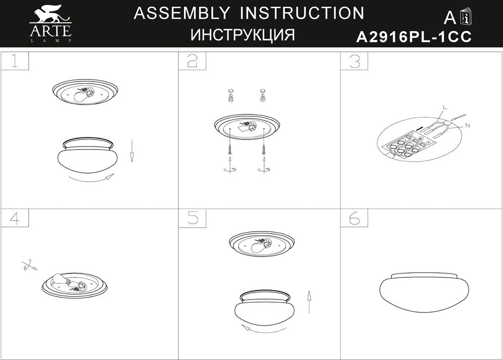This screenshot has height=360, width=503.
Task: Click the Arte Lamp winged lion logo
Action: coord(50,23)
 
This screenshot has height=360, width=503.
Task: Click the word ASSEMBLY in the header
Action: coord(182,13)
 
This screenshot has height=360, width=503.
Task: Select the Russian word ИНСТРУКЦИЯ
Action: coord(242,35)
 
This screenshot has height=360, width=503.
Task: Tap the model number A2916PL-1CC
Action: coord(414,37)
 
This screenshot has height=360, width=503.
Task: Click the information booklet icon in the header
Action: coord(467,17)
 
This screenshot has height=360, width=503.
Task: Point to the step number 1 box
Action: coord(15,61)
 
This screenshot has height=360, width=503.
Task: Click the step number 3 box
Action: coord(354,61)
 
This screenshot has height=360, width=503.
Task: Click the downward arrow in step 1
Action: coord(131,151)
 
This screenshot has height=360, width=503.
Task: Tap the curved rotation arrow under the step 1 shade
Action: coord(91,180)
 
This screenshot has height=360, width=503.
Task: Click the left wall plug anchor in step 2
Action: coord(231,96)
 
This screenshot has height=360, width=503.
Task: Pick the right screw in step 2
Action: coord(264,150)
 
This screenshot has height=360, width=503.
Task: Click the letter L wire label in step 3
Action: coord(445,107)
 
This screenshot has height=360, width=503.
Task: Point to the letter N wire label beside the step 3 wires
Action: coord(467,125)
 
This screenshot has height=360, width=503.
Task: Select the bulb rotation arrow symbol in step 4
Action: coord(29,265)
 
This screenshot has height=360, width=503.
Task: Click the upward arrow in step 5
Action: coord(309,302)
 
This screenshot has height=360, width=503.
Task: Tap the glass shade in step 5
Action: coord(265,307)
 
